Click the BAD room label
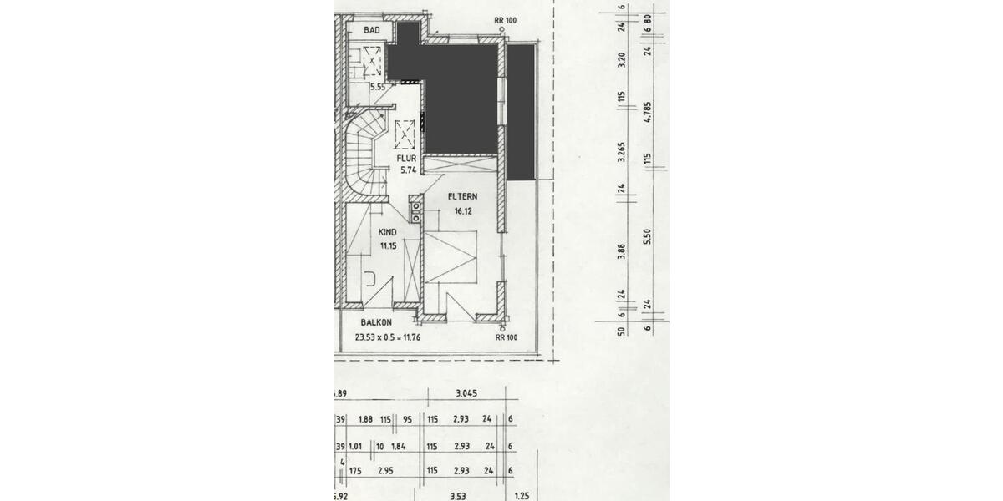click(x=372, y=30)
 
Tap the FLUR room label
click(x=407, y=157)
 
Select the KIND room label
click(x=387, y=233)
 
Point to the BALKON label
click(x=377, y=322)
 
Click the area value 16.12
click(x=464, y=211)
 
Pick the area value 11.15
click(x=388, y=245)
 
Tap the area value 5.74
click(x=408, y=170)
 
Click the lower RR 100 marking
click(x=507, y=337)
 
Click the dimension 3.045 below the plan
click(x=466, y=395)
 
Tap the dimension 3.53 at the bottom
click(x=458, y=497)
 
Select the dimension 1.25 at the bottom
click(x=523, y=497)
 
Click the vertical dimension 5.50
click(x=647, y=236)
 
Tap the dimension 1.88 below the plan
click(x=365, y=420)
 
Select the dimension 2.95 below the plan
click(x=386, y=471)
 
